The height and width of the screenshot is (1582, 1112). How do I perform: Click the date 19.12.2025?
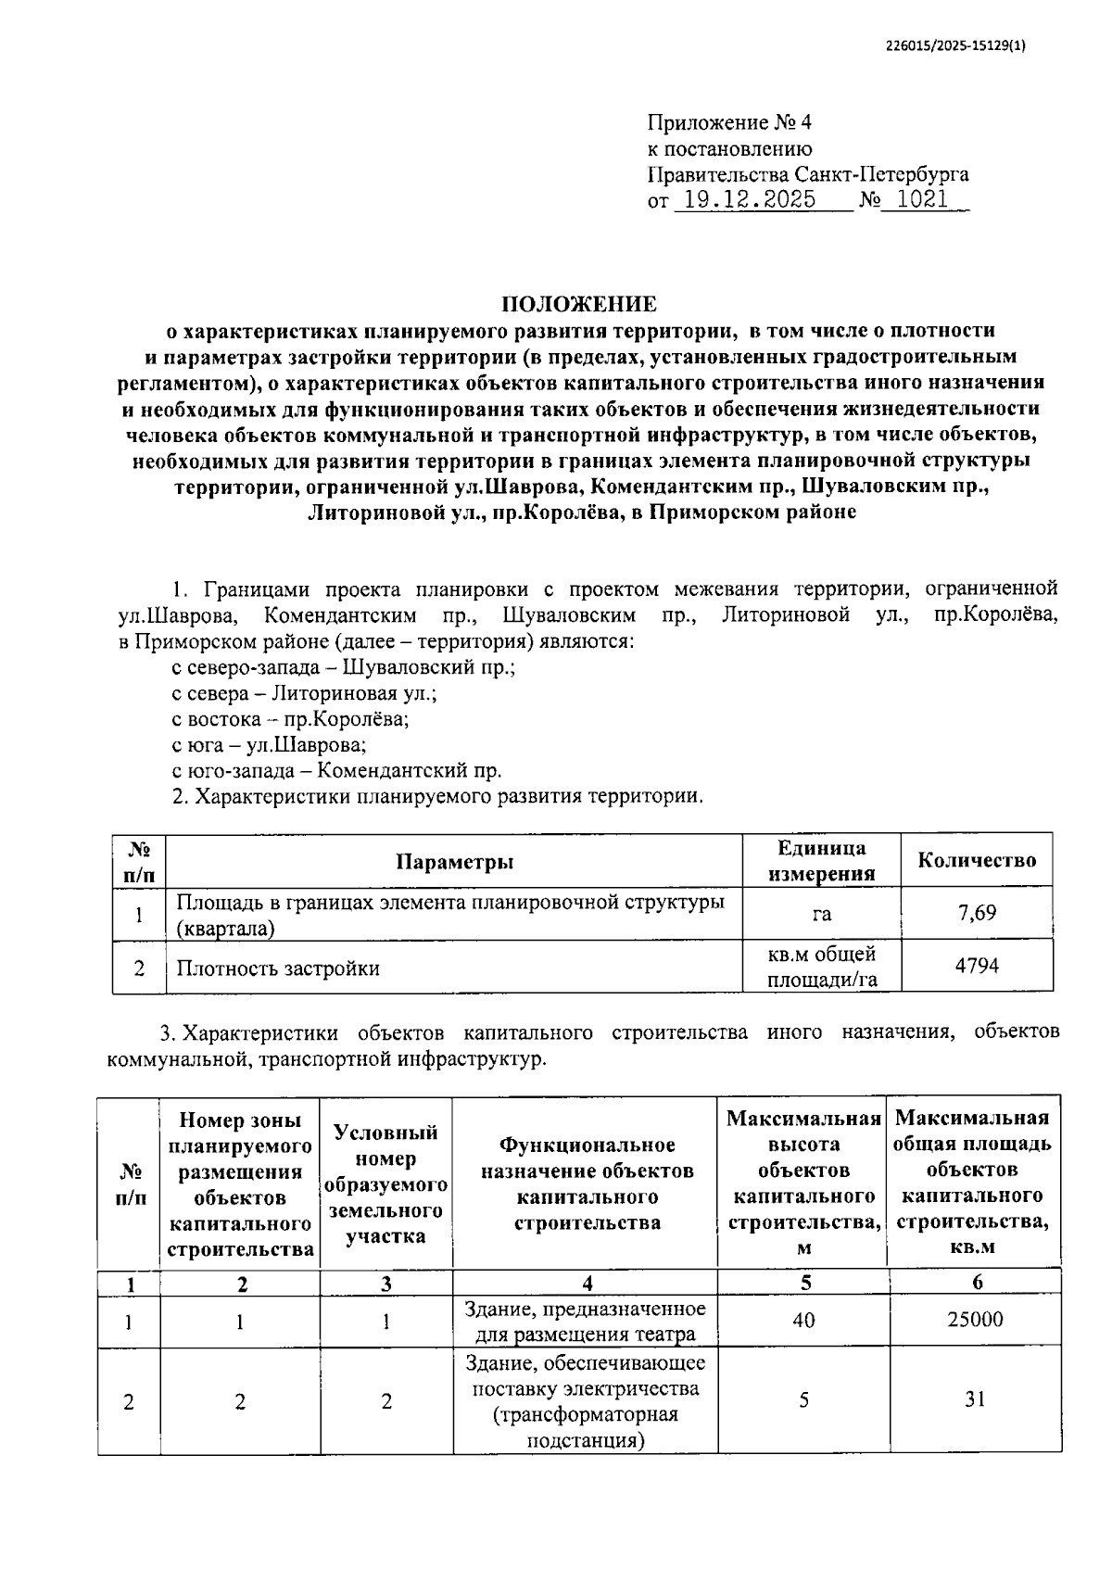(x=746, y=200)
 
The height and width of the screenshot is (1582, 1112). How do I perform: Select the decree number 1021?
(x=922, y=200)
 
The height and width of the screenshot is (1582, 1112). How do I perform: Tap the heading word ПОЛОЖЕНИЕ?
(x=578, y=304)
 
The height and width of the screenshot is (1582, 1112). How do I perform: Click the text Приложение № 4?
(x=728, y=122)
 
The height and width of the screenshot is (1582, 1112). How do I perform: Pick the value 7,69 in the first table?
(x=977, y=913)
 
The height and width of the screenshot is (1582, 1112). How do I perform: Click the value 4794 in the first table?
(x=977, y=966)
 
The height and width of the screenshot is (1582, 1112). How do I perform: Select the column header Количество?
(x=977, y=860)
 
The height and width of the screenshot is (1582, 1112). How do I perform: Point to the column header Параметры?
(x=454, y=862)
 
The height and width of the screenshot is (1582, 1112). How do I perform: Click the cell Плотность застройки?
(x=278, y=968)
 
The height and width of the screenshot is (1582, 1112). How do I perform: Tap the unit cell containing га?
(x=821, y=914)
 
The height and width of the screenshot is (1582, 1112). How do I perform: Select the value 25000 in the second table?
(x=974, y=1319)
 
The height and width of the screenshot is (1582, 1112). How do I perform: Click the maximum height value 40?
(x=803, y=1319)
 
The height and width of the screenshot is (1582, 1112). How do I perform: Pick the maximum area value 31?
(x=974, y=1399)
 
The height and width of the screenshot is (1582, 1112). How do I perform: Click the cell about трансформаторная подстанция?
(x=585, y=1401)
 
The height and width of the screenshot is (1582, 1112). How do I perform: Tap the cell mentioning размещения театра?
(x=585, y=1322)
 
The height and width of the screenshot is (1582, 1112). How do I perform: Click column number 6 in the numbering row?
(x=977, y=1283)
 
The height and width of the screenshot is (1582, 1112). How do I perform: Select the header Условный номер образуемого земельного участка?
(x=385, y=1184)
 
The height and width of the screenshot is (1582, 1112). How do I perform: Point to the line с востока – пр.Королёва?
(x=290, y=719)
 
